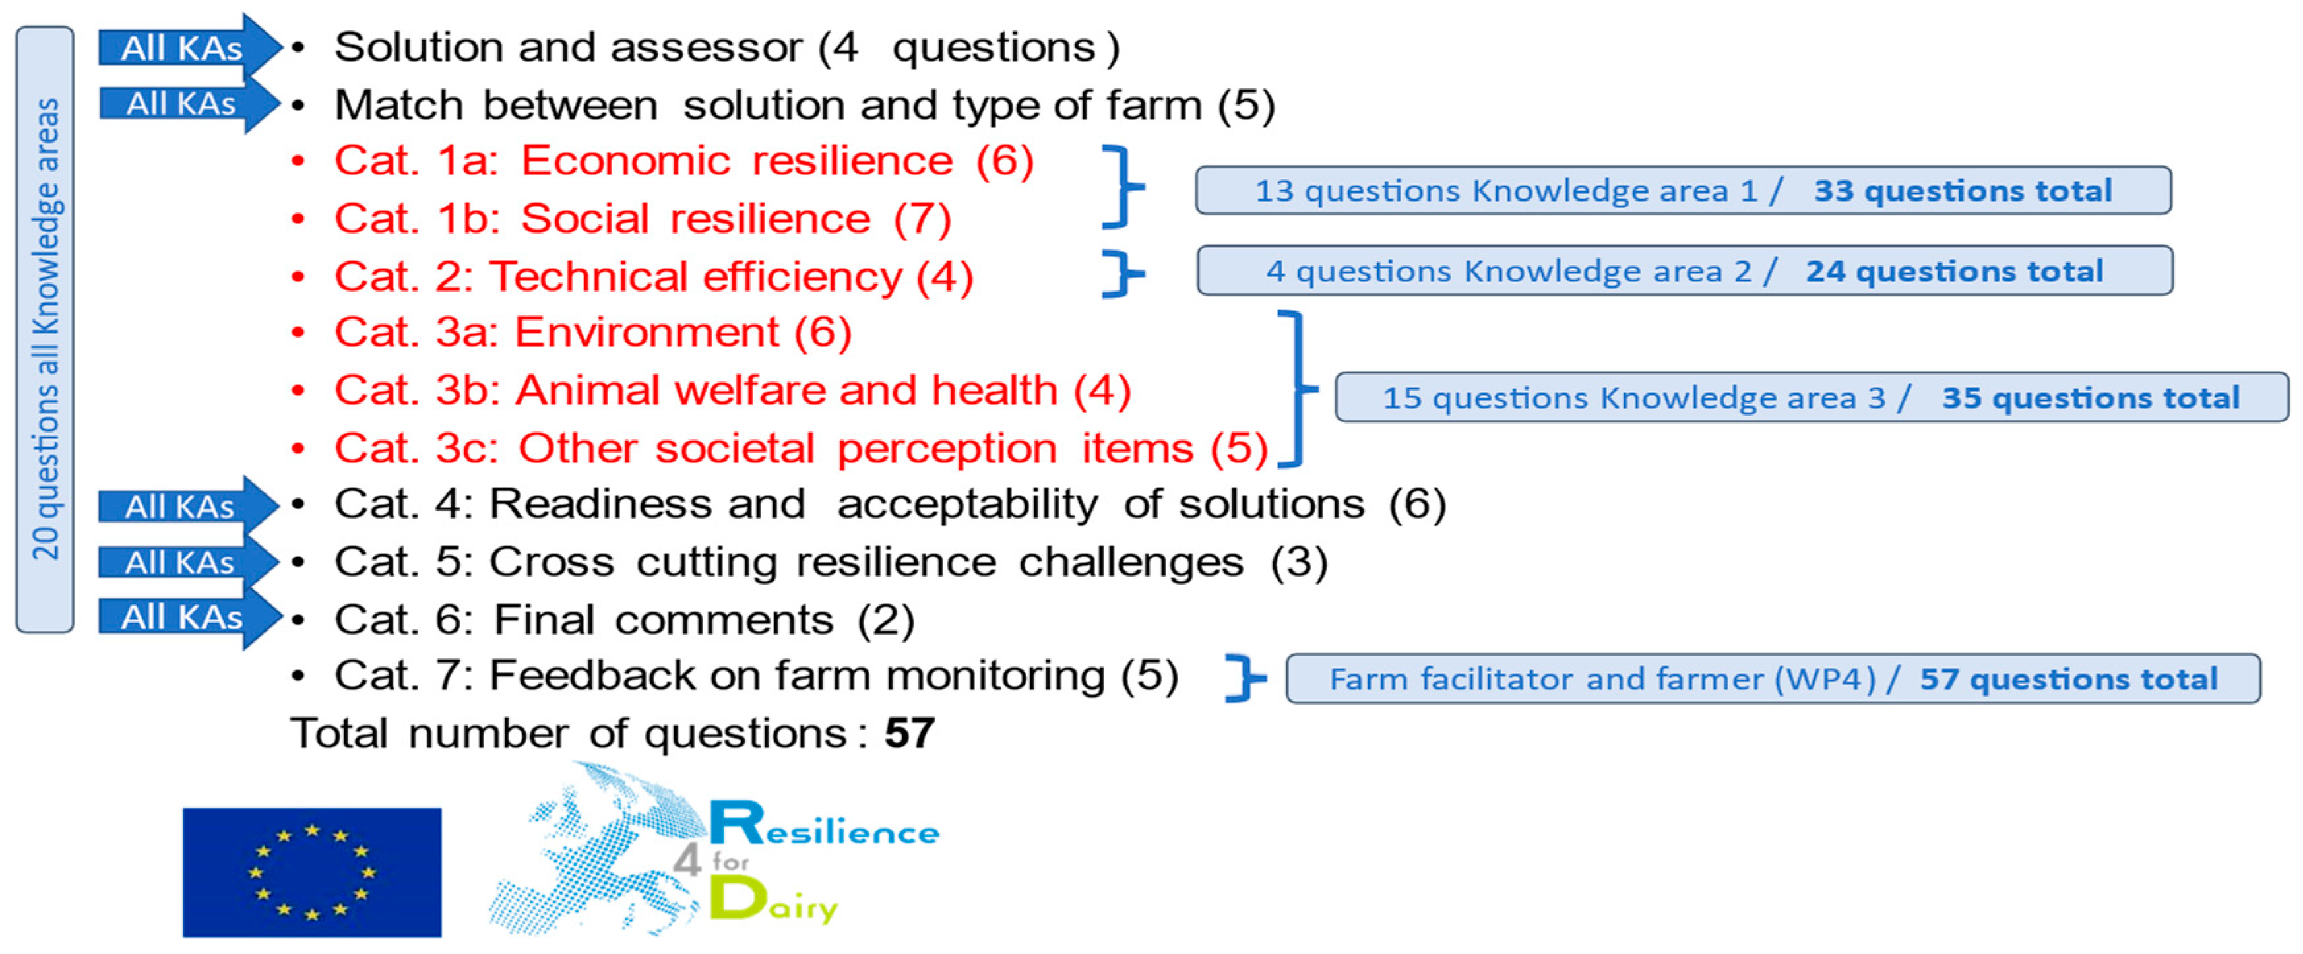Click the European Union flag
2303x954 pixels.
[312, 872]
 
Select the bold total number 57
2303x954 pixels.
[909, 733]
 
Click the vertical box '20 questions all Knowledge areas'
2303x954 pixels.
[45, 329]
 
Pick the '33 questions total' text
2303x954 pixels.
[1963, 191]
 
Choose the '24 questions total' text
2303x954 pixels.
[1954, 271]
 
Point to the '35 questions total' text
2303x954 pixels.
[2090, 397]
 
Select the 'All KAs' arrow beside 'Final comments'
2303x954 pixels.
[189, 617]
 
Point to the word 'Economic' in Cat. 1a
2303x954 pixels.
[626, 161]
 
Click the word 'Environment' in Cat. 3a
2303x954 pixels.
[647, 332]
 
